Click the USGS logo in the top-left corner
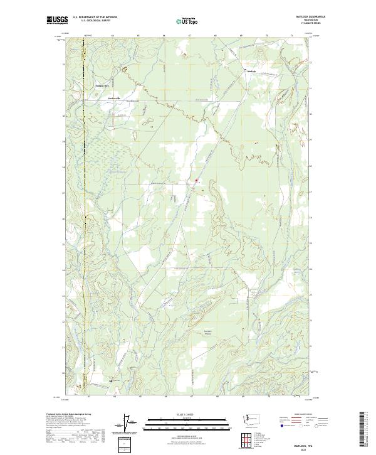tap(57, 19)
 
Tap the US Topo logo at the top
tap(187, 20)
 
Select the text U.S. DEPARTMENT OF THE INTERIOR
tap(95, 17)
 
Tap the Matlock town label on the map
tap(253, 71)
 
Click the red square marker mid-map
tap(196, 181)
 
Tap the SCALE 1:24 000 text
tap(187, 414)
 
